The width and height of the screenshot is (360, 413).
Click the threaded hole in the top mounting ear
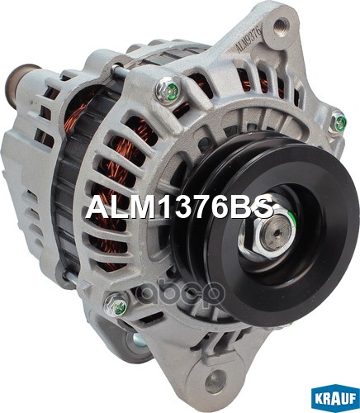pyautogui.click(x=281, y=26)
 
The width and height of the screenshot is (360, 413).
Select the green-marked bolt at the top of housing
pyautogui.click(x=168, y=88)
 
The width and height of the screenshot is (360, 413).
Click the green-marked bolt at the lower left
pyautogui.click(x=116, y=304)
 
